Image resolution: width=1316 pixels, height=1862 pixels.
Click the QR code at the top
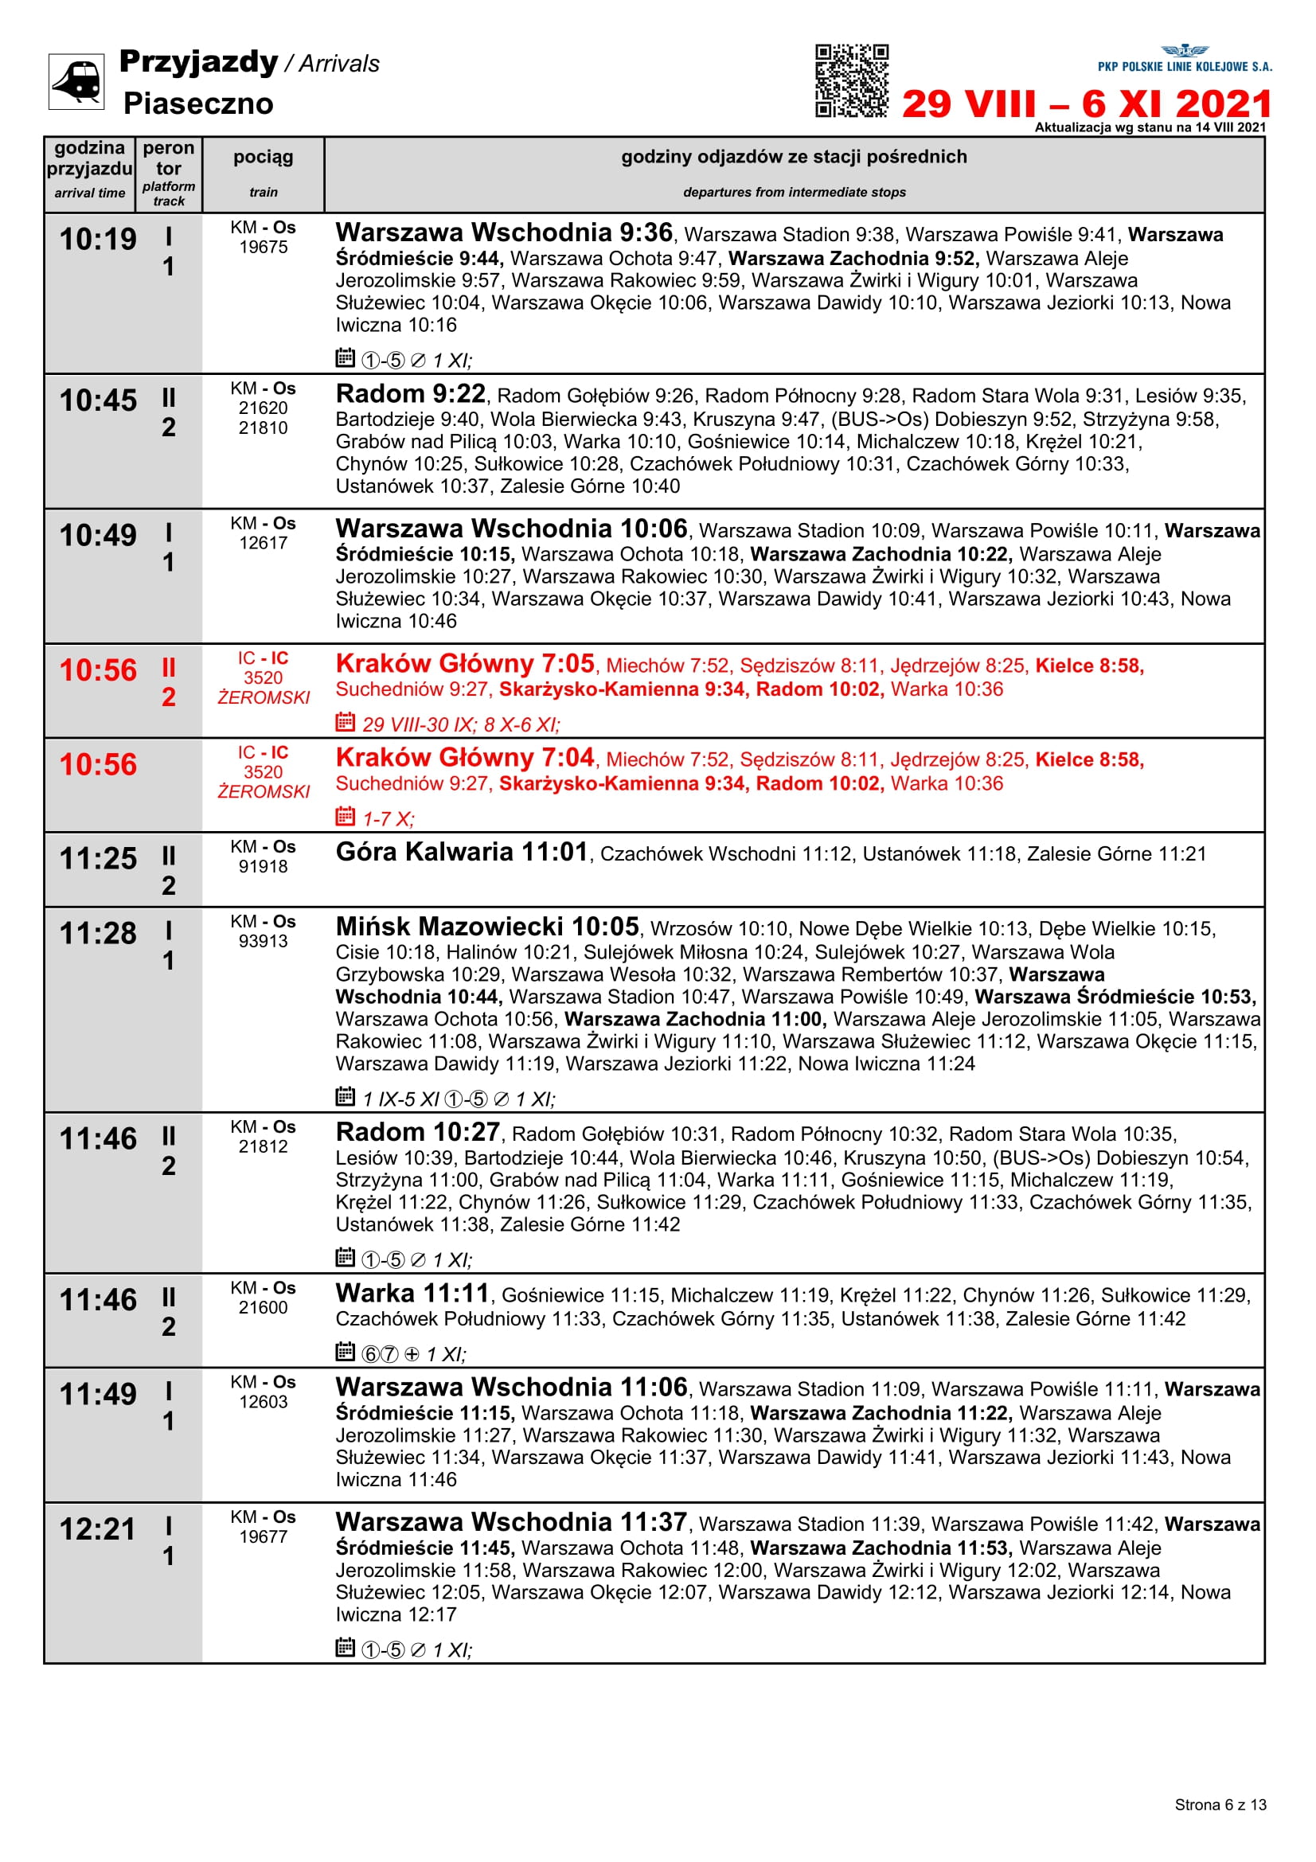click(x=851, y=80)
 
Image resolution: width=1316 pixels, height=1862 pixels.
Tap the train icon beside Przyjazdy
click(x=76, y=81)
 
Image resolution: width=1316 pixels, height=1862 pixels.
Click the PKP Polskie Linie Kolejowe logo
click(x=1185, y=59)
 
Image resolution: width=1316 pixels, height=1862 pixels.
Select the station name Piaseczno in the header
click(x=198, y=103)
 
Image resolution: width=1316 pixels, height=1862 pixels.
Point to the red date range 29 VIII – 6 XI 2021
click(x=1086, y=103)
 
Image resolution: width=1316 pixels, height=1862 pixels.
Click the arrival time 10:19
click(x=98, y=240)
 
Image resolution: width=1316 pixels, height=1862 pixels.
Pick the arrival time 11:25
click(x=98, y=858)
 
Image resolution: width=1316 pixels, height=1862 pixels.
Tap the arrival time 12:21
click(x=98, y=1528)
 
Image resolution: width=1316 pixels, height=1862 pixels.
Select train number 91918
click(x=263, y=866)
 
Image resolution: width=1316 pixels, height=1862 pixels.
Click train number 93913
click(x=263, y=941)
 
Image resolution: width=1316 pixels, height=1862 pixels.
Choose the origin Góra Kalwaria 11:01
click(x=462, y=852)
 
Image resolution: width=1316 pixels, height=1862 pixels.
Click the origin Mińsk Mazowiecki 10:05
click(x=487, y=926)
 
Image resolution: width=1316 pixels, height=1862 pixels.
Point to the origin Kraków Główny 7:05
click(x=465, y=663)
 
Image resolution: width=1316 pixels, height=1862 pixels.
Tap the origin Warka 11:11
click(x=412, y=1293)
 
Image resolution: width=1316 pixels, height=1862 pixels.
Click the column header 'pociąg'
click(x=263, y=158)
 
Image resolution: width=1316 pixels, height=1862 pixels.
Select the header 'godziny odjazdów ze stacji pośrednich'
click(x=793, y=157)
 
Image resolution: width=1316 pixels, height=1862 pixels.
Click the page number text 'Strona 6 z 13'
click(x=1220, y=1805)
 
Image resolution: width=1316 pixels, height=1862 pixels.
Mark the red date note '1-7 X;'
click(x=388, y=819)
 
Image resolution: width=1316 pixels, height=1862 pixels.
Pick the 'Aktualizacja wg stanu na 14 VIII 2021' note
click(x=1149, y=127)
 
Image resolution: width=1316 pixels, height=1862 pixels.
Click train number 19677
click(x=263, y=1536)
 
